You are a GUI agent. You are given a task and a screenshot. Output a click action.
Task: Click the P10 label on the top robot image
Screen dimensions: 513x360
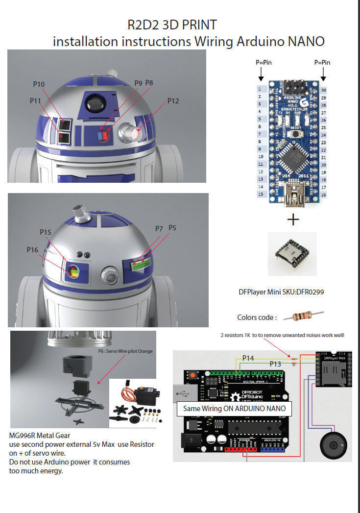pos(39,84)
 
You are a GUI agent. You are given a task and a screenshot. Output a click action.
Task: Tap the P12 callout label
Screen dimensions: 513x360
pos(173,101)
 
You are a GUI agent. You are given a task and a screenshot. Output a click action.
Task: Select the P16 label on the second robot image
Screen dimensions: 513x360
pos(32,250)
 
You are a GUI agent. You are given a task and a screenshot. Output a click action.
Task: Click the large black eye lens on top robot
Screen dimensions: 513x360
pos(93,103)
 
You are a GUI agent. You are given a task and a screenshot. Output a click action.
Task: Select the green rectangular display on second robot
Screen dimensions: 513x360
pos(140,265)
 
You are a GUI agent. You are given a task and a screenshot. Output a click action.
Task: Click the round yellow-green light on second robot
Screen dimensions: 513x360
pos(73,271)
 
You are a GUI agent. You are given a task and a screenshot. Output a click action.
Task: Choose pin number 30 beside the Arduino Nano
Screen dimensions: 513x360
pos(324,90)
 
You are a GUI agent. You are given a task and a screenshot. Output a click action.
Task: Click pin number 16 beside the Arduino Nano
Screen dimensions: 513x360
pos(324,195)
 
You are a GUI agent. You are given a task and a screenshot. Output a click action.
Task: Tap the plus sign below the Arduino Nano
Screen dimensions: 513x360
pos(292,220)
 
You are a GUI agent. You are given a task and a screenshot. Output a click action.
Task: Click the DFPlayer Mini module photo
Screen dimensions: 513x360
pos(292,253)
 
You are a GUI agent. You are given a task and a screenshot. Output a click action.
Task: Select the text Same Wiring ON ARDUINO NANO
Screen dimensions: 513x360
pos(234,408)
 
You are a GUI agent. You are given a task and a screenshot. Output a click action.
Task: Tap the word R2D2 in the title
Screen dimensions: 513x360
pos(139,24)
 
